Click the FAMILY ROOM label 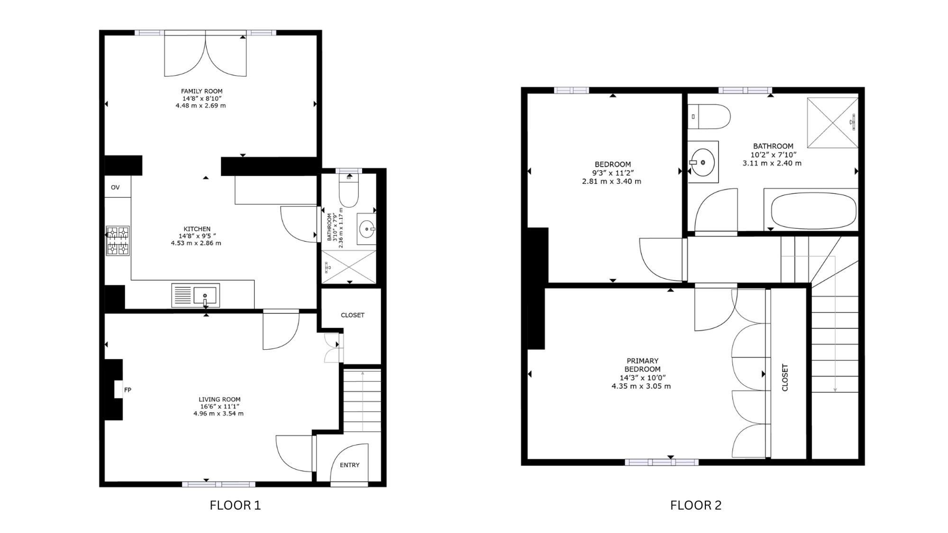click(201, 91)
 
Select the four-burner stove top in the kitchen click(118, 241)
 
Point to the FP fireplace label click(128, 390)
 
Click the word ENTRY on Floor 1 click(350, 465)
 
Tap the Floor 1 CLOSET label click(353, 315)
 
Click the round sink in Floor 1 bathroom click(367, 229)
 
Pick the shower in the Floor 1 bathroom click(349, 267)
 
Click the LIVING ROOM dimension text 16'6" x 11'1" click(219, 407)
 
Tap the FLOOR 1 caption click(235, 506)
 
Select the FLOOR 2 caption click(696, 506)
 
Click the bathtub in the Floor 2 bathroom click(813, 210)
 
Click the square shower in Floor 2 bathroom click(833, 123)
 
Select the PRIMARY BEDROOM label click(642, 365)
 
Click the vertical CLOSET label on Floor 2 click(785, 378)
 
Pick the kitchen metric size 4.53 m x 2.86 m click(196, 243)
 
